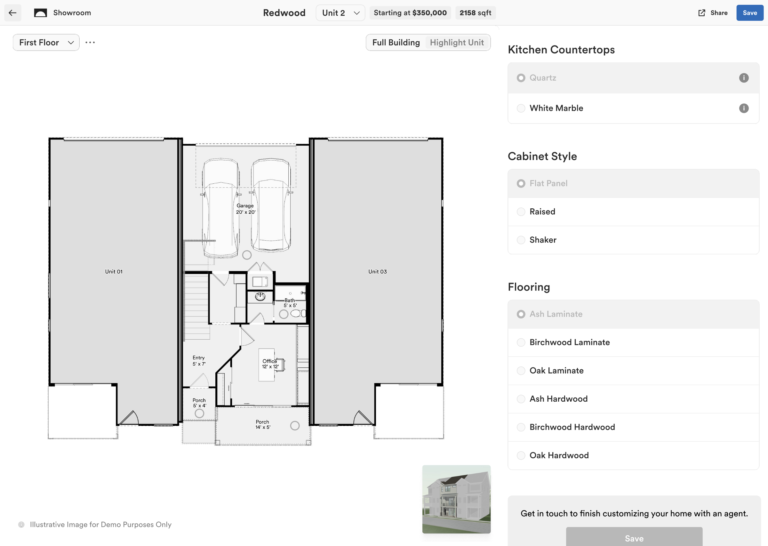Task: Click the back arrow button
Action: [x=13, y=13]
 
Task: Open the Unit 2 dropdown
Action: [x=340, y=13]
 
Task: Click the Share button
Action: [x=713, y=13]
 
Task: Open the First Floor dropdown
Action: [x=46, y=42]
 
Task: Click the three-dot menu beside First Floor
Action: [x=90, y=42]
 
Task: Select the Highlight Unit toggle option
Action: [x=456, y=42]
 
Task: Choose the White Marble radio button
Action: [x=521, y=108]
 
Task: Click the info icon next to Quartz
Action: [x=743, y=78]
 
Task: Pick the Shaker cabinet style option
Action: [x=521, y=240]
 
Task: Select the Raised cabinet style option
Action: [x=521, y=212]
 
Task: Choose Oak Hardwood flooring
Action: [x=521, y=455]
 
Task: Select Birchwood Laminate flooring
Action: [x=521, y=342]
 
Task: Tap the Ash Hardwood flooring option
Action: [x=521, y=399]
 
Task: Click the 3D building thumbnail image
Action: [x=456, y=499]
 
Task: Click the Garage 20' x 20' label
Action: [x=245, y=209]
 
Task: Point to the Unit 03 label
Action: [x=378, y=272]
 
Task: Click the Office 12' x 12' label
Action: [x=270, y=364]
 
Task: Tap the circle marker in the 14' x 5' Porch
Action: [x=295, y=426]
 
